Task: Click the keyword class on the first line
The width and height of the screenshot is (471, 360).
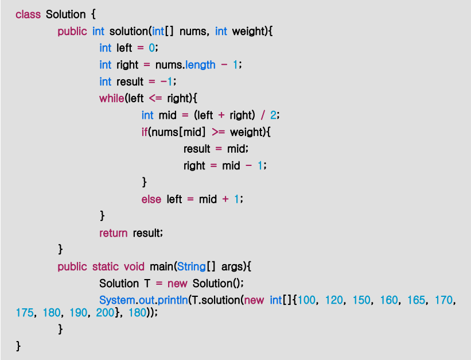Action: [28, 14]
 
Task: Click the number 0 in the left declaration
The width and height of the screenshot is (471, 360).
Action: [152, 48]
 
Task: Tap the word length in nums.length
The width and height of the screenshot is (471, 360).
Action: [200, 65]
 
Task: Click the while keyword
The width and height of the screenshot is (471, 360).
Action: [111, 98]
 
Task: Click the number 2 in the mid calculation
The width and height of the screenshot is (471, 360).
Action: [274, 115]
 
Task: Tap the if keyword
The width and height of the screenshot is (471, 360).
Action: [145, 132]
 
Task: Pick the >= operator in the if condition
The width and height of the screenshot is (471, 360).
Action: [218, 132]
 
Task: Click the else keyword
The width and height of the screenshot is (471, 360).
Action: [151, 199]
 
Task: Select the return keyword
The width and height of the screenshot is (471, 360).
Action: [113, 233]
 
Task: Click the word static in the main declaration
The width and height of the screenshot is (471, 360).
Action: [106, 266]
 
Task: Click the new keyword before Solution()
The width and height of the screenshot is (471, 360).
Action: [178, 284]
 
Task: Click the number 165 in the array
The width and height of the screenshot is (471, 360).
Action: [417, 300]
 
